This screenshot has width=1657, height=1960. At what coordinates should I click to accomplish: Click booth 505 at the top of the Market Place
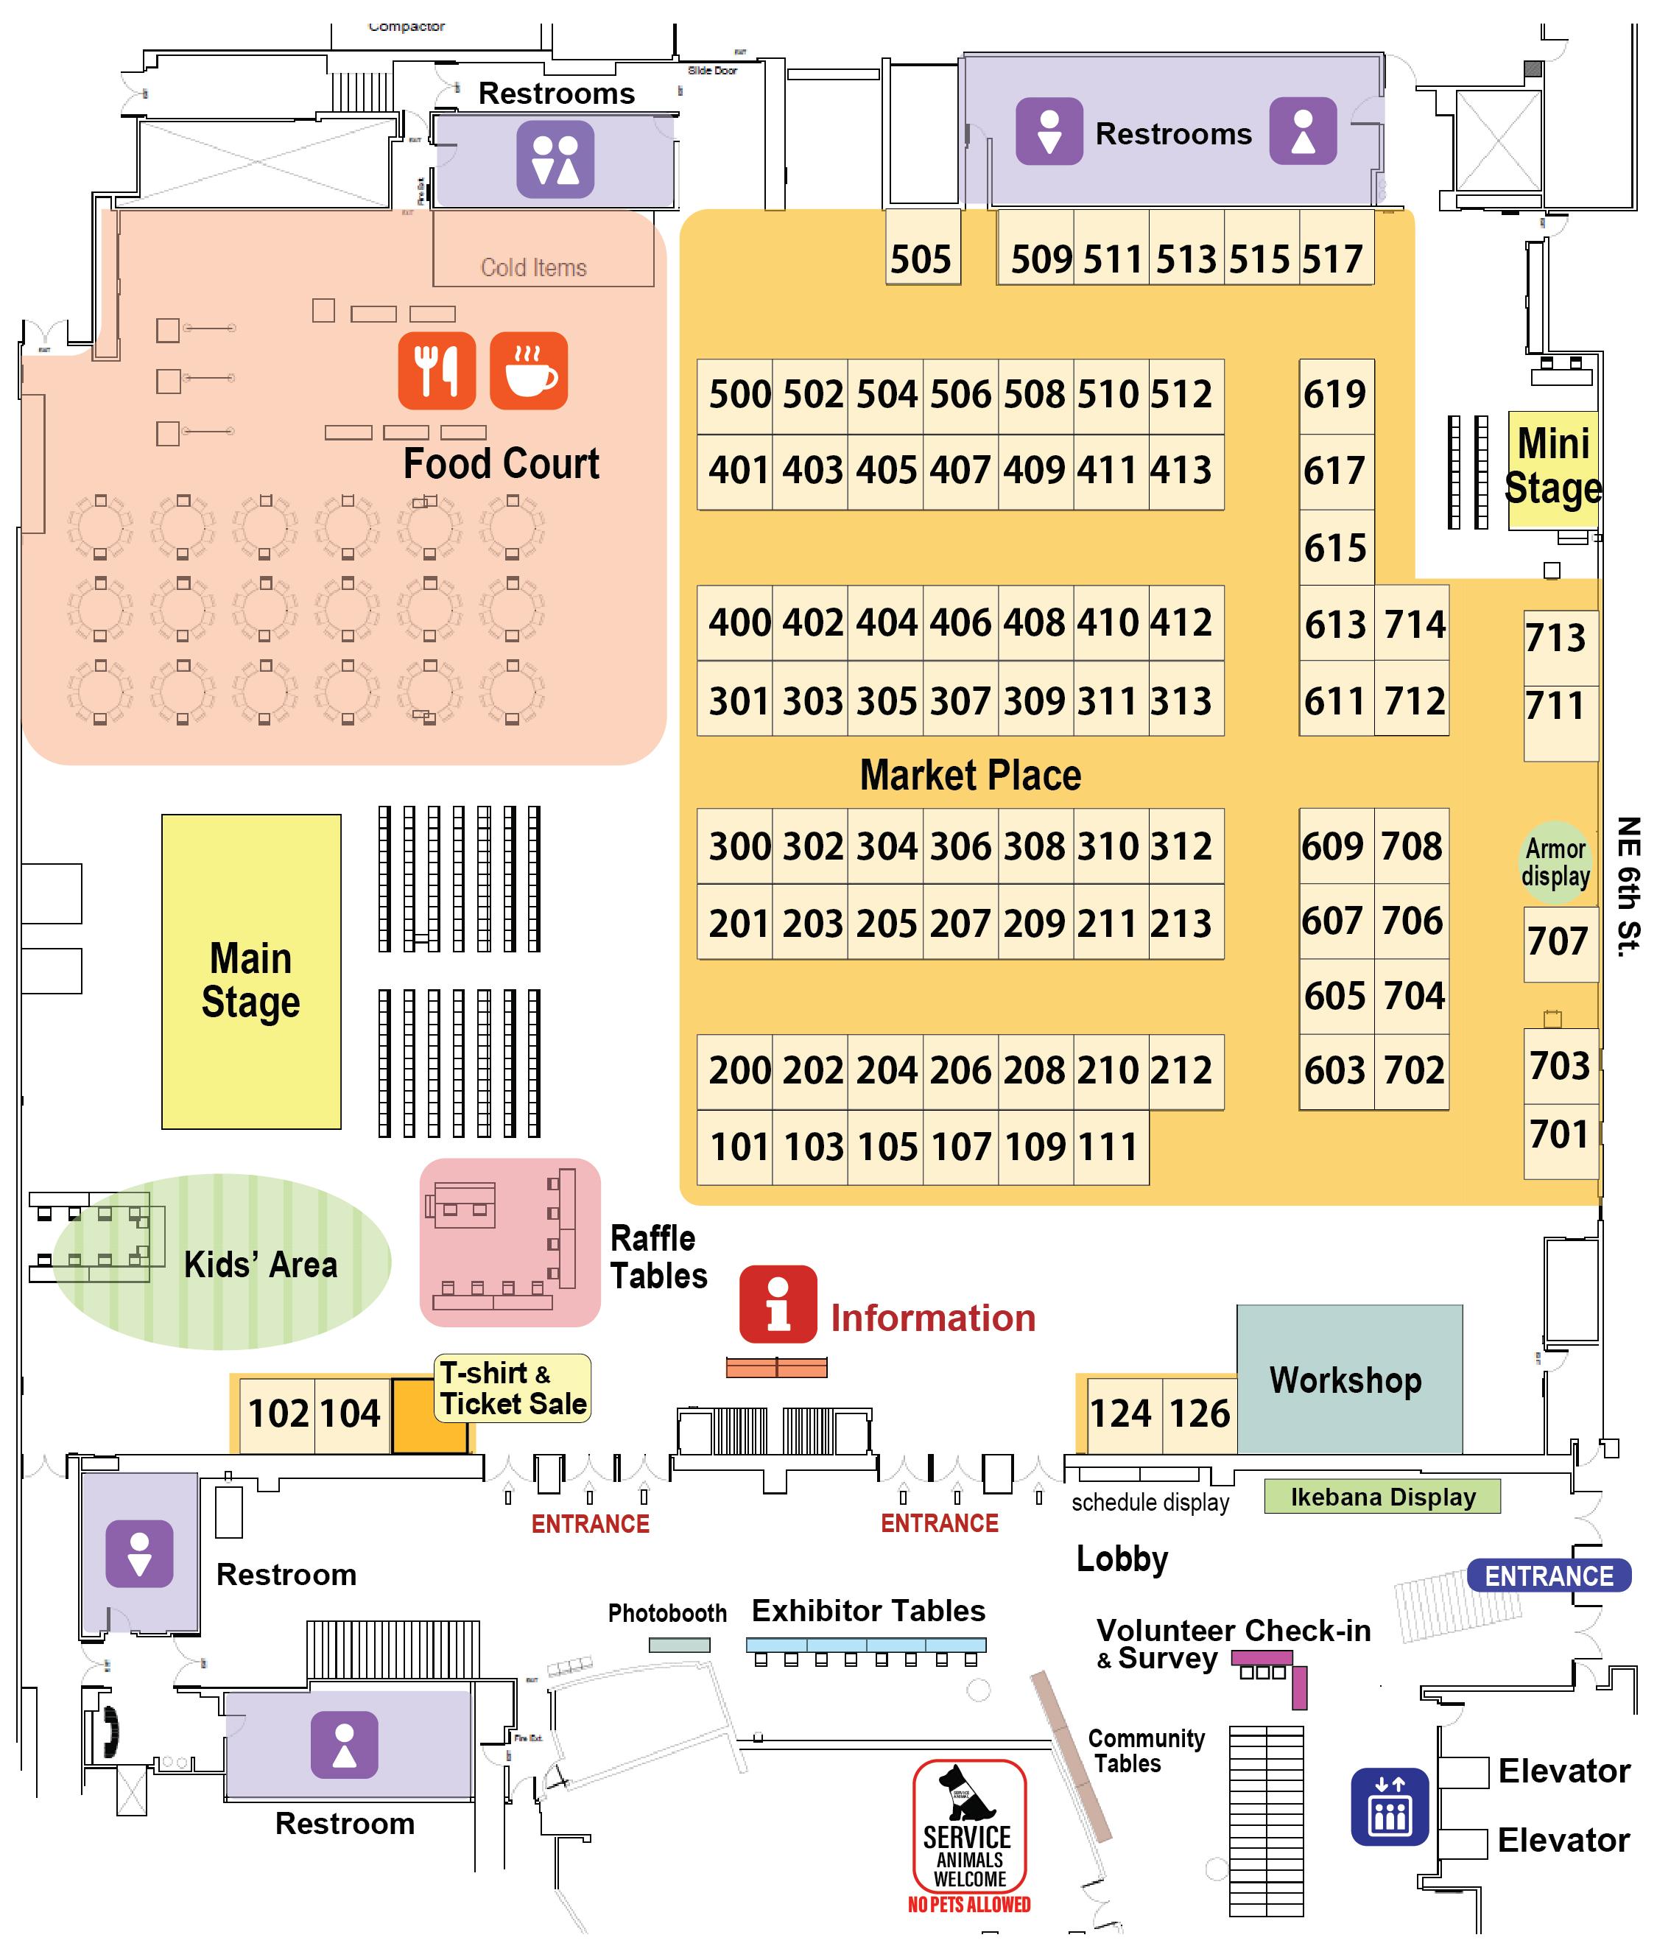(921, 249)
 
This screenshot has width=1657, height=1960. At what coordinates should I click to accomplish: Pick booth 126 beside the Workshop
(1199, 1413)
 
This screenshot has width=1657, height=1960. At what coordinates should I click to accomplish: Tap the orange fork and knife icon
(437, 370)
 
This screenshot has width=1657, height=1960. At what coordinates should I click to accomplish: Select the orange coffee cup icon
(529, 370)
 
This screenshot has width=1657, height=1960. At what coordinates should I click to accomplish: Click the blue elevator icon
(1389, 1806)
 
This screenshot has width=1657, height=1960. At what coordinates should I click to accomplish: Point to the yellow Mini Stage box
(1552, 468)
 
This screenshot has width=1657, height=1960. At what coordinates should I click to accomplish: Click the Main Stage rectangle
(251, 972)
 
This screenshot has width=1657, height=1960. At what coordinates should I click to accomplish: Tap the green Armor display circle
(1555, 862)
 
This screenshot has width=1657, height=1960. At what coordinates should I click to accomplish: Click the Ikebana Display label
(1382, 1496)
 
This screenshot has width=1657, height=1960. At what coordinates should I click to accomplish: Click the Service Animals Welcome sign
(969, 1838)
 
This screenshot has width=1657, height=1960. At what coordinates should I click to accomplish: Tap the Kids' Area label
(260, 1264)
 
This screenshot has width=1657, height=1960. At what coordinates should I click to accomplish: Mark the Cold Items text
(533, 269)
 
